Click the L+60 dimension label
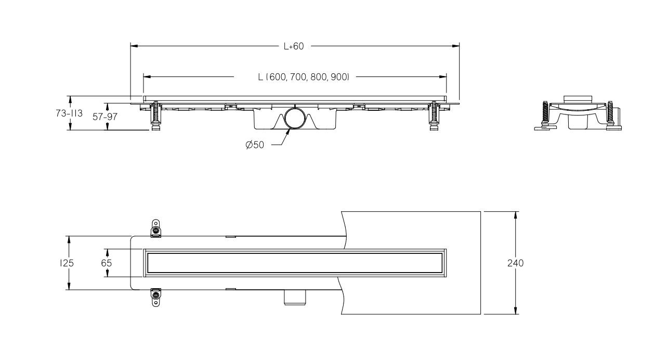pos(293,46)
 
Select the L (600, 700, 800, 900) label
pos(304,77)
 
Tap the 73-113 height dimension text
pos(69,113)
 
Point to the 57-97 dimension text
pos(105,117)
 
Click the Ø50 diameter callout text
pos(255,145)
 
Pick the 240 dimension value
pos(515,263)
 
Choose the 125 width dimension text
pos(67,263)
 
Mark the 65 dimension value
pos(106,263)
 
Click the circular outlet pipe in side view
pos(295,119)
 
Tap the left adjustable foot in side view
pos(155,116)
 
